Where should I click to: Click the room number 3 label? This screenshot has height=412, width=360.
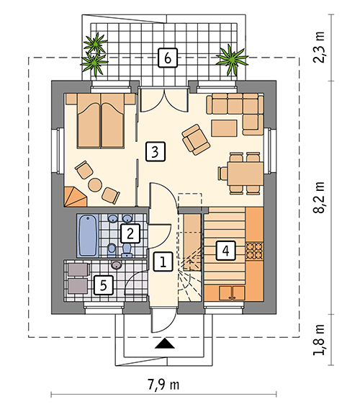(156, 151)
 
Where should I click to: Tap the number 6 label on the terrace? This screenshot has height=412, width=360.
(168, 58)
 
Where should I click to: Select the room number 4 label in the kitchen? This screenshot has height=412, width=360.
(225, 251)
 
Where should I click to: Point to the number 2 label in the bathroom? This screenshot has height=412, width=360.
(130, 233)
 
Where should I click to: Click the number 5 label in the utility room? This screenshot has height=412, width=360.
(104, 285)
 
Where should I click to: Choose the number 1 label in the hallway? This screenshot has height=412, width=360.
(163, 261)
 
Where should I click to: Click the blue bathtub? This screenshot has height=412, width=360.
(88, 236)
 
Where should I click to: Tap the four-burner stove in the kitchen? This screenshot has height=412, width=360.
(254, 251)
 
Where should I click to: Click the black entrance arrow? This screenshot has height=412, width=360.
(165, 344)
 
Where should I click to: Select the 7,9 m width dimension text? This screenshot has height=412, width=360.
(163, 385)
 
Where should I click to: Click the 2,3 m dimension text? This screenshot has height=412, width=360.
(319, 47)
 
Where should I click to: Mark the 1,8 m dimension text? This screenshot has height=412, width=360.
(319, 340)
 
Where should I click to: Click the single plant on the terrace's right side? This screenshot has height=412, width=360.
(232, 59)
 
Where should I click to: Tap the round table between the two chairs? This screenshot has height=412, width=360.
(95, 184)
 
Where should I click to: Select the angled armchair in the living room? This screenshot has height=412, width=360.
(196, 140)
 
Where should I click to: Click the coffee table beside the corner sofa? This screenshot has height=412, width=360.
(224, 128)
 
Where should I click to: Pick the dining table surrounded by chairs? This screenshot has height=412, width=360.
(246, 174)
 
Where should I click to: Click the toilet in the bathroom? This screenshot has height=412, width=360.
(127, 250)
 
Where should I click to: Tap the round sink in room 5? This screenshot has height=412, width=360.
(117, 265)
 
